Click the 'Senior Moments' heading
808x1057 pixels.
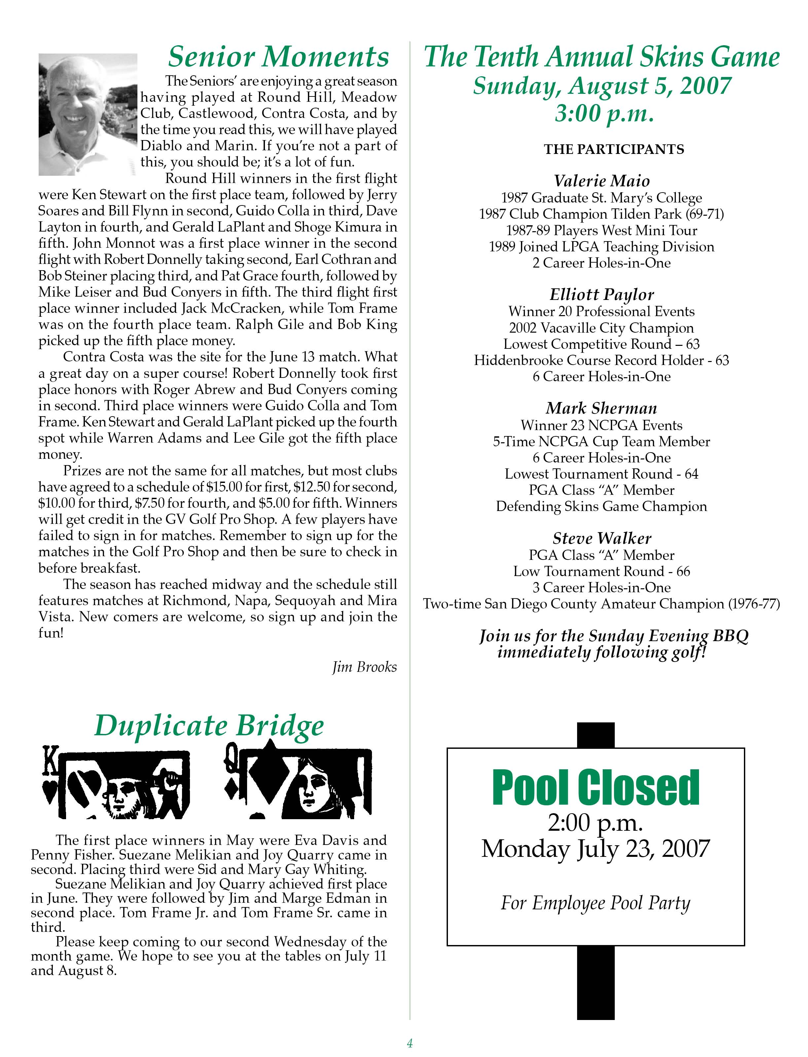pyautogui.click(x=278, y=57)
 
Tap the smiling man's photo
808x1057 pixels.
pyautogui.click(x=88, y=114)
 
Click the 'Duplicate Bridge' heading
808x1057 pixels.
pyautogui.click(x=209, y=726)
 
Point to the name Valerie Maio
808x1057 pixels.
pyautogui.click(x=601, y=181)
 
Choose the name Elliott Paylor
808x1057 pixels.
pyautogui.click(x=601, y=294)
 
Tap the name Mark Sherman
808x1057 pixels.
pyautogui.click(x=601, y=408)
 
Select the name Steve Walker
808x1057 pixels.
pyautogui.click(x=601, y=538)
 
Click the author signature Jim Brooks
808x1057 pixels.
pyautogui.click(x=365, y=667)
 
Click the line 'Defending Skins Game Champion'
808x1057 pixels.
pyautogui.click(x=601, y=506)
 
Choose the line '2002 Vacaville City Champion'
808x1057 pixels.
pyautogui.click(x=601, y=328)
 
